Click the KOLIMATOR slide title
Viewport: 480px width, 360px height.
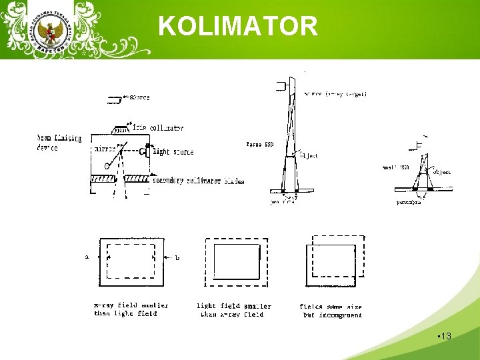pyautogui.click(x=238, y=27)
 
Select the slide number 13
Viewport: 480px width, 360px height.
pyautogui.click(x=445, y=336)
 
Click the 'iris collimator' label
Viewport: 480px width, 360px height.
pyautogui.click(x=158, y=127)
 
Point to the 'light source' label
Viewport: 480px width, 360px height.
pyautogui.click(x=173, y=152)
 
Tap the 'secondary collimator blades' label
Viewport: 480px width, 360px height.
pyautogui.click(x=198, y=181)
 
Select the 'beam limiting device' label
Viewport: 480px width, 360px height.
pyautogui.click(x=59, y=143)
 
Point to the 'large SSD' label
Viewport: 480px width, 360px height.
pyautogui.click(x=259, y=143)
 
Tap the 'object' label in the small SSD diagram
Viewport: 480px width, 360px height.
pyautogui.click(x=441, y=172)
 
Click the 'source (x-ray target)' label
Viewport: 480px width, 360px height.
pyautogui.click(x=335, y=94)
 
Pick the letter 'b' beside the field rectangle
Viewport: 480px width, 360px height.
pyautogui.click(x=177, y=257)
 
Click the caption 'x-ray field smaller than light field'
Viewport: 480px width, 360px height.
pyautogui.click(x=131, y=309)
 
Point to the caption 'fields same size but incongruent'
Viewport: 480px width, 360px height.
pyautogui.click(x=331, y=311)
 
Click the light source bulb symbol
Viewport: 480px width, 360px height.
pyautogui.click(x=145, y=152)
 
